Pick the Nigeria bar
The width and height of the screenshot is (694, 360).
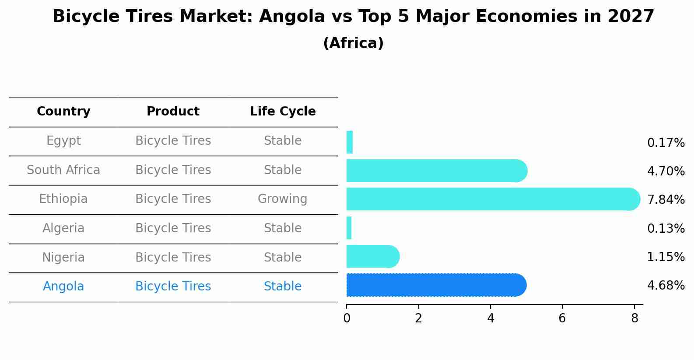[x=372, y=256]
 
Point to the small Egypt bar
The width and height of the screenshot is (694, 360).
[x=350, y=142]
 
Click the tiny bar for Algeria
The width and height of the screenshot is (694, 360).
[x=349, y=228]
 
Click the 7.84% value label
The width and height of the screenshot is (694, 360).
[x=666, y=200]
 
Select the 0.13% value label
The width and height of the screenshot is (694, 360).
[x=666, y=229]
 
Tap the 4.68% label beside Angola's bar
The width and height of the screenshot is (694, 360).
[x=666, y=286]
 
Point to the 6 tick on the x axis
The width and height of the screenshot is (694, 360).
[x=562, y=318]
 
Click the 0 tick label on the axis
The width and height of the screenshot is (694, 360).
[x=347, y=318]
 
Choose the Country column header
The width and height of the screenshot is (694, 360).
[x=63, y=112]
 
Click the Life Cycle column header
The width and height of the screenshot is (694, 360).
[x=283, y=112]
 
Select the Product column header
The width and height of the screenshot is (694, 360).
[x=173, y=112]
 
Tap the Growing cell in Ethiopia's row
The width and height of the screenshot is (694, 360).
[x=282, y=199]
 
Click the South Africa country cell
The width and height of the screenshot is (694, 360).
[x=63, y=170]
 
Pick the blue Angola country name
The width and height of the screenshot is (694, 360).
[x=63, y=287]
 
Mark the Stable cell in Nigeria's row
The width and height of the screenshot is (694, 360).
[x=282, y=257]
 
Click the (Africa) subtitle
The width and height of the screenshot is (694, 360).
[x=353, y=43]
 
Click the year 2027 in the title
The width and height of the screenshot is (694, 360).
[x=631, y=17]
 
